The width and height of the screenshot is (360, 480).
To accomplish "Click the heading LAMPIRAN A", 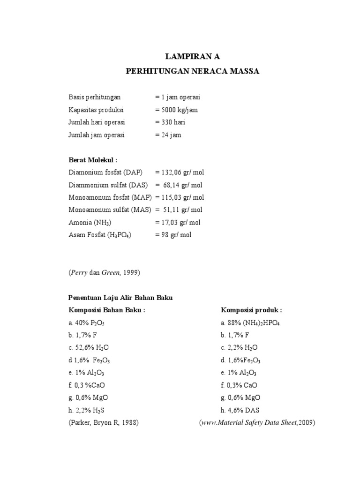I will [x=192, y=57].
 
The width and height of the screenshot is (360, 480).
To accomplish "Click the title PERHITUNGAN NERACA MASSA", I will [x=192, y=72].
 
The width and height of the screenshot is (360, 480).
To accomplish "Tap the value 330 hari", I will [x=172, y=122].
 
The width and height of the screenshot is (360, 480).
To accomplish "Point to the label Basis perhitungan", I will [x=95, y=97].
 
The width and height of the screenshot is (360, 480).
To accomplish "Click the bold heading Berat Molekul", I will [x=93, y=160].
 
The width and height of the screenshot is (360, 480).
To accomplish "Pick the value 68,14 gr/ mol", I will [x=183, y=185].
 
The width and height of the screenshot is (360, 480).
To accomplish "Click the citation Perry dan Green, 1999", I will [x=105, y=272].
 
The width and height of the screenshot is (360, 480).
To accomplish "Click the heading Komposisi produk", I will [x=251, y=310].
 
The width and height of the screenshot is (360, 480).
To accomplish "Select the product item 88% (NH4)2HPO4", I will [x=250, y=322].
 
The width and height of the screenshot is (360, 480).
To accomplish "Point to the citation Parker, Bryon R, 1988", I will [x=104, y=423].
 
